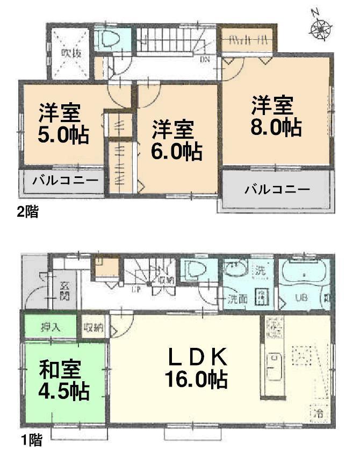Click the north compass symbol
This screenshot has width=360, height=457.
click(321, 26)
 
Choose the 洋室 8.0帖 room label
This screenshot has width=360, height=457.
click(275, 115)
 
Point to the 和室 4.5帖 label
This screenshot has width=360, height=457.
click(63, 381)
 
